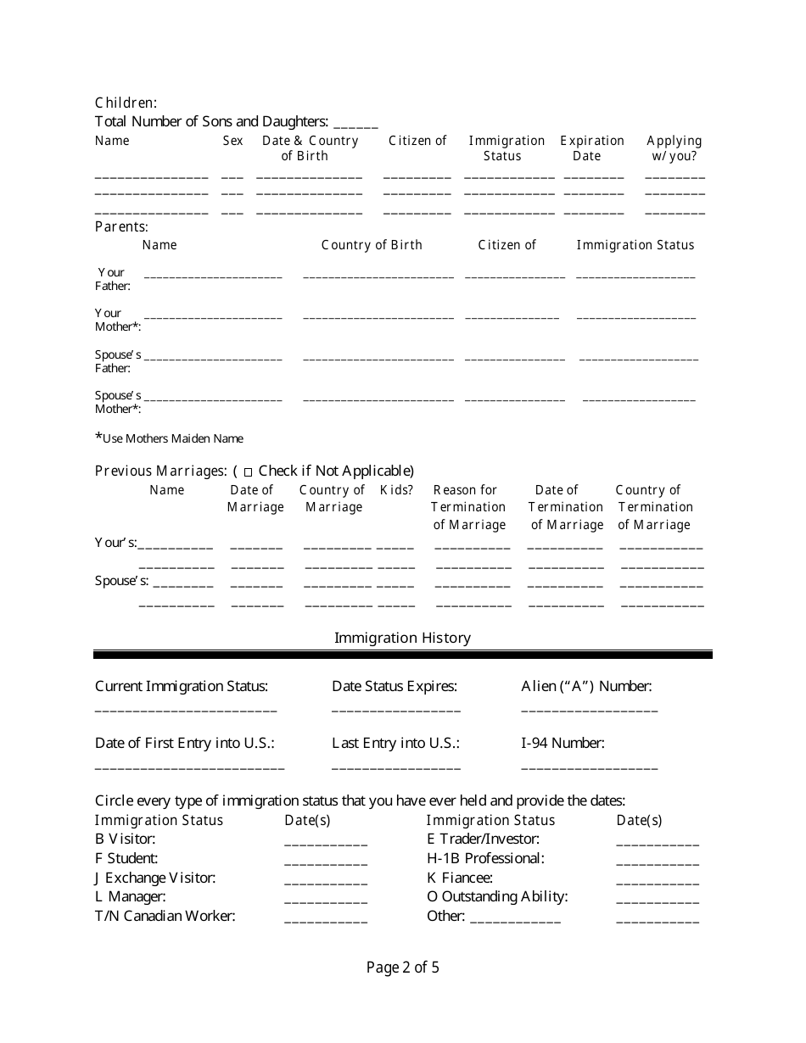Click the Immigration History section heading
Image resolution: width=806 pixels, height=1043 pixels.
point(402,638)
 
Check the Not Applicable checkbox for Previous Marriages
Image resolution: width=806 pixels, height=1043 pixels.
point(248,472)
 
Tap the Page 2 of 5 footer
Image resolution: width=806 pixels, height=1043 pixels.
point(402,968)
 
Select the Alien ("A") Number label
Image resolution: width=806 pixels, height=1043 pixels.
point(586,686)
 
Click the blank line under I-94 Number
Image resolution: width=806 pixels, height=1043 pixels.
point(589,767)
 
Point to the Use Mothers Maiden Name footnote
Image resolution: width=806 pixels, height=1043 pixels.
point(170,438)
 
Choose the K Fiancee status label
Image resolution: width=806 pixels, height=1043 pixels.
point(459,878)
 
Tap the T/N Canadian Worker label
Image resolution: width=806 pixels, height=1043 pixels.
point(165,916)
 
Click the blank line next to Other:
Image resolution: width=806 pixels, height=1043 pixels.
point(515,921)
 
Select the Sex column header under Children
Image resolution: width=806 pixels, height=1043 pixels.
point(232,141)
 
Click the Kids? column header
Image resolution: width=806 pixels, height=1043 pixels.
point(396,490)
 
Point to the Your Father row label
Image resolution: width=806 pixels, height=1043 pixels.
point(112,279)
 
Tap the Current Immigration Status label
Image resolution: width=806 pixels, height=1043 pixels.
point(181,686)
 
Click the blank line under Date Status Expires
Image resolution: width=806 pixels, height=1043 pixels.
point(396,710)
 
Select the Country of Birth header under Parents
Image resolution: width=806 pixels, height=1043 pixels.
point(372,245)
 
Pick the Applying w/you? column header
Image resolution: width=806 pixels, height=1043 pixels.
point(674,148)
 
